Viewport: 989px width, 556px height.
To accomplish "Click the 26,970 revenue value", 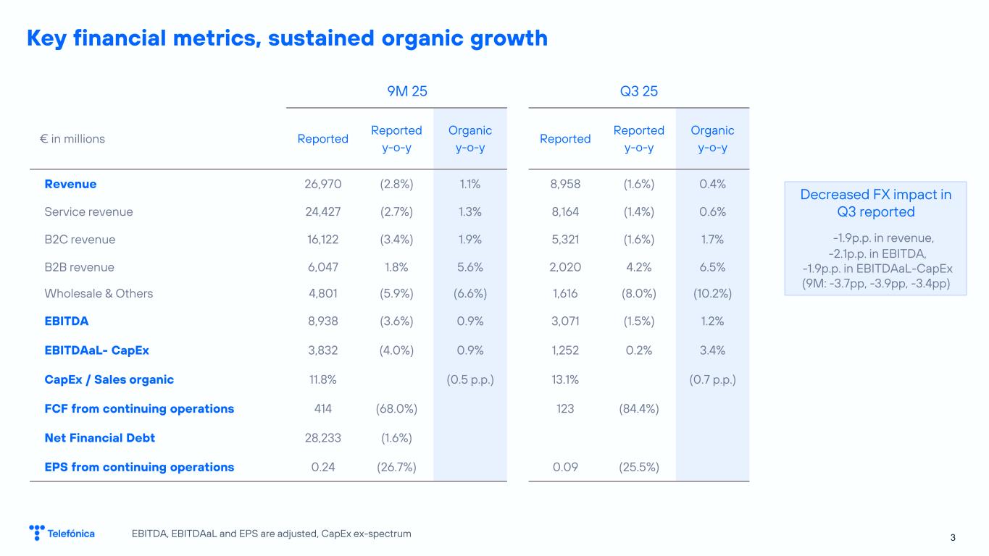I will (323, 184).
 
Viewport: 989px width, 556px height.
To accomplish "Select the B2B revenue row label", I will (80, 267).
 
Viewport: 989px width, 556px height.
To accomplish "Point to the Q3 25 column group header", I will (639, 91).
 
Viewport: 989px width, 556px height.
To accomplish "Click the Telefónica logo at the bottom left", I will (62, 534).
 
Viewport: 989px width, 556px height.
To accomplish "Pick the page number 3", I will (953, 536).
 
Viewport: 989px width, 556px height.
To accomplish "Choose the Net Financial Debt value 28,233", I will (323, 437).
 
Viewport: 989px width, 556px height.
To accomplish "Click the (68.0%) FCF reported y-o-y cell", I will (396, 408).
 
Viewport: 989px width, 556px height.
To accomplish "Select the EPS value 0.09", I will (565, 467).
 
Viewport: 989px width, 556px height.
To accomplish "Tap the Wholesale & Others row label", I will (99, 293).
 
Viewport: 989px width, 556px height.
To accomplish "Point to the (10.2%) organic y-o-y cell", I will (713, 293).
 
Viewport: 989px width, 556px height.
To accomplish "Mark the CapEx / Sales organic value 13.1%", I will (565, 379).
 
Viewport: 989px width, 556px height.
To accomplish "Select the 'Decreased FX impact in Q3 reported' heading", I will (875, 203).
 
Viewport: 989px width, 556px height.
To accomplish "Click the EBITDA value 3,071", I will (565, 321).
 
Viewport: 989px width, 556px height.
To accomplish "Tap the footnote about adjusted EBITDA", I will (272, 534).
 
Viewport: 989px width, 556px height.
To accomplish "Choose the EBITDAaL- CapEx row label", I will (97, 350).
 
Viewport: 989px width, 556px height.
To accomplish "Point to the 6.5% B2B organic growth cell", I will (713, 267).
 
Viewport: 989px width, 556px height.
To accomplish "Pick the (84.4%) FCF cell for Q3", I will (639, 408).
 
